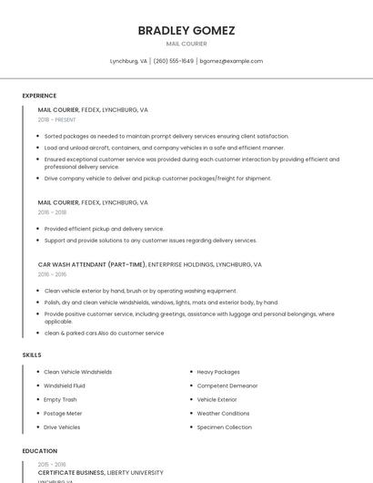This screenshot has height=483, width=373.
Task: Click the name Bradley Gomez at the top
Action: coord(186,31)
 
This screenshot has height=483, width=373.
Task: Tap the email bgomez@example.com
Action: coord(231,61)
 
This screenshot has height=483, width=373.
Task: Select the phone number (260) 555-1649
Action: coord(173,61)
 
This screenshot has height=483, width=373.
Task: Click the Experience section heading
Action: coord(39,96)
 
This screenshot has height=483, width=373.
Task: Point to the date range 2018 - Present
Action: coord(57,119)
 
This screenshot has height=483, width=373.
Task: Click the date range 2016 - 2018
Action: coord(53,212)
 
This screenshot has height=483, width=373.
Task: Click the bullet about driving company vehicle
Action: coord(157,179)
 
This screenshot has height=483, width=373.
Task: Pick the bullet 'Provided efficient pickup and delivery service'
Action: coord(104,229)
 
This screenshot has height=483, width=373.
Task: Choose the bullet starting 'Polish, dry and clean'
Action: coord(161,302)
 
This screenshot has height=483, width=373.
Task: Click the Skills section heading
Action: coord(32,355)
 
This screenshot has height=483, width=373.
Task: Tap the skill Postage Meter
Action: coord(63,414)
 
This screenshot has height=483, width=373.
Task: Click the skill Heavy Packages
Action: coord(218,372)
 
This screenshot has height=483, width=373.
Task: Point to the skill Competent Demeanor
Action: coord(227,385)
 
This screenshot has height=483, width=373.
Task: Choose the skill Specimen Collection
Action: coord(225,427)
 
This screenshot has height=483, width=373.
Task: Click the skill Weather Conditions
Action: coord(223,414)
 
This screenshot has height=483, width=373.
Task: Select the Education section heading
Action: coord(39,451)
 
